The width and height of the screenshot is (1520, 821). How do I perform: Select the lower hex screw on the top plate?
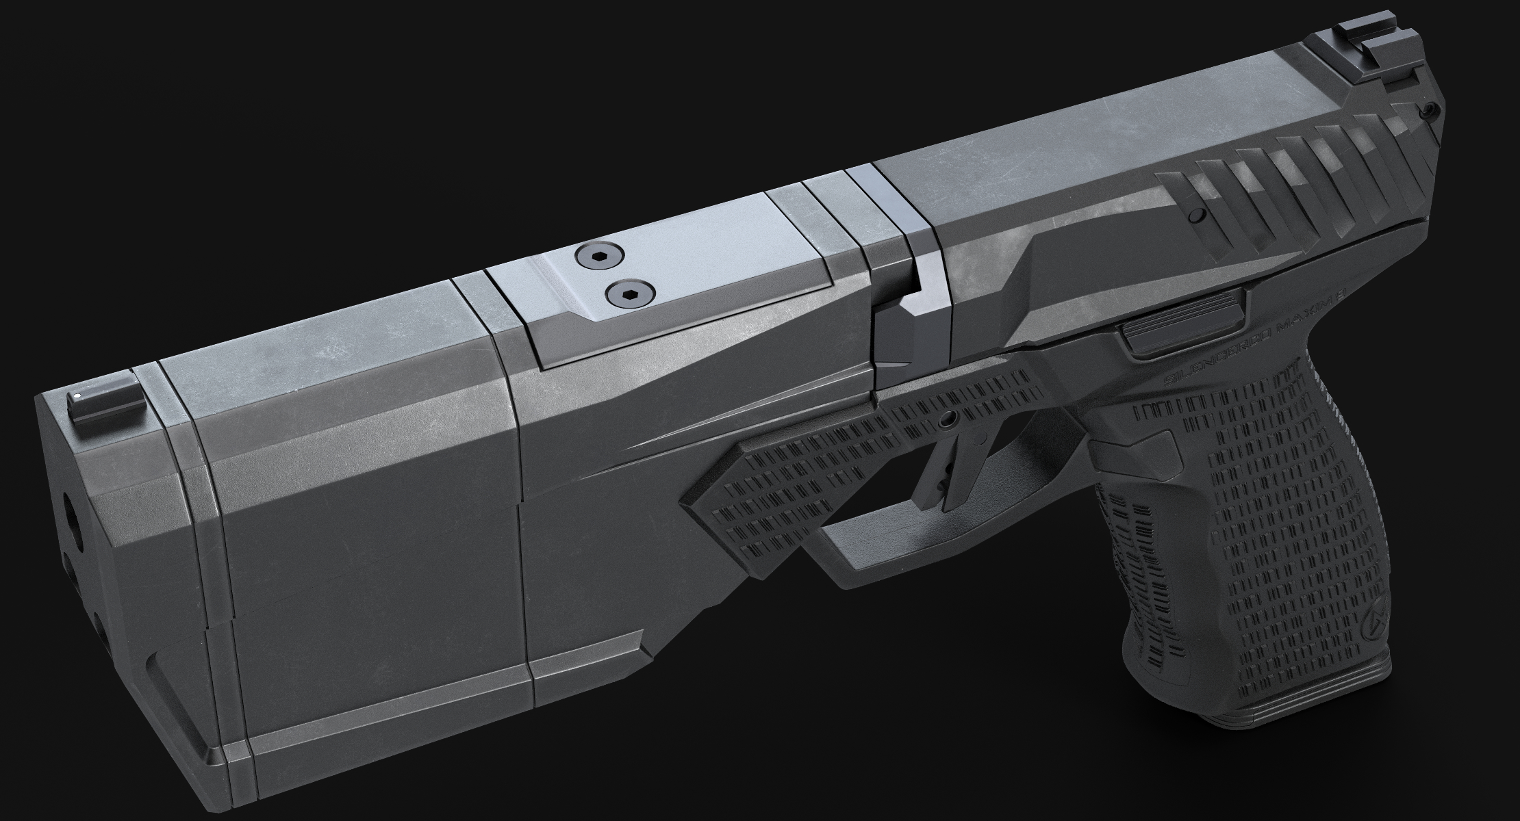click(x=631, y=295)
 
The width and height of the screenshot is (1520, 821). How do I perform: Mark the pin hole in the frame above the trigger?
click(x=948, y=418)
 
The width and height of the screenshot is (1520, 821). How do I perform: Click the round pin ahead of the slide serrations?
click(x=1197, y=216)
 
